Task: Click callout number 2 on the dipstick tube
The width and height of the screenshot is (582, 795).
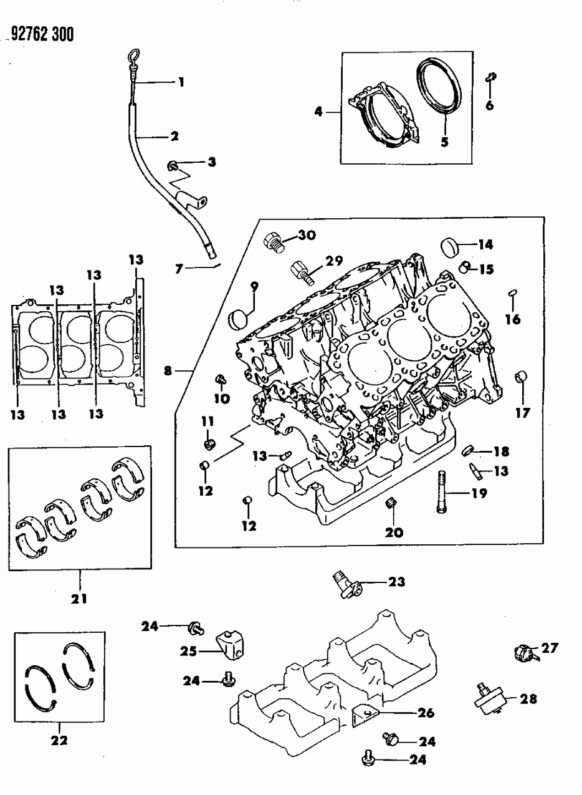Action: click(x=174, y=136)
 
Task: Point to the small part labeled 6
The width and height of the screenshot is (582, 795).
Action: click(x=490, y=77)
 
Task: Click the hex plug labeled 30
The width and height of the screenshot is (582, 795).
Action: click(x=274, y=240)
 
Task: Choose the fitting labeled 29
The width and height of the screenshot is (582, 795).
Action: click(x=299, y=271)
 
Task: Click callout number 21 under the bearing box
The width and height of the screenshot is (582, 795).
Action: click(x=79, y=599)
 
